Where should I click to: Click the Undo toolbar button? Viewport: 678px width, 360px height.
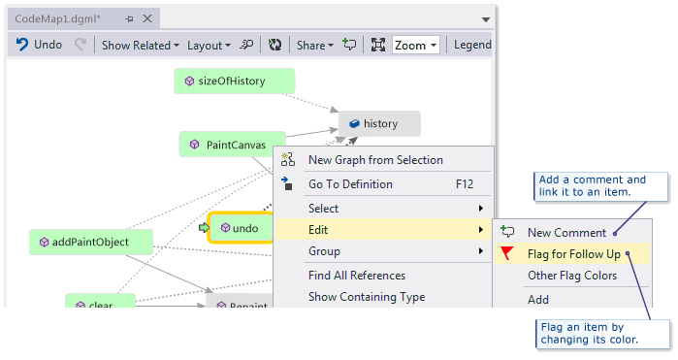pyautogui.click(x=39, y=45)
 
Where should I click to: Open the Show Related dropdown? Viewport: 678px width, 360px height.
pyautogui.click(x=141, y=45)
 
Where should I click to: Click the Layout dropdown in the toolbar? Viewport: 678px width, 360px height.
pyautogui.click(x=209, y=45)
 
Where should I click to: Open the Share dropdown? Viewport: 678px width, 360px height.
pyautogui.click(x=314, y=45)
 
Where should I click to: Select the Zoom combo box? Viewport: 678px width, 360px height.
pyautogui.click(x=416, y=45)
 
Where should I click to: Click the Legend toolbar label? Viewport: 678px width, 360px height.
pyautogui.click(x=472, y=45)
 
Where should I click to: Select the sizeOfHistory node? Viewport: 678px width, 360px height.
pyautogui.click(x=234, y=82)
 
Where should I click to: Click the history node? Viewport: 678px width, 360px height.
pyautogui.click(x=379, y=123)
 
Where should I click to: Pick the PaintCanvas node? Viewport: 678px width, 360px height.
pyautogui.click(x=233, y=145)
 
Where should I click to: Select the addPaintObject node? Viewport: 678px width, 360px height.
pyautogui.click(x=90, y=242)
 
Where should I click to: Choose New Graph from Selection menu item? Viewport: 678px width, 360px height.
pyautogui.click(x=375, y=160)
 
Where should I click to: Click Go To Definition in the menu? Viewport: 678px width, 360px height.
pyautogui.click(x=350, y=184)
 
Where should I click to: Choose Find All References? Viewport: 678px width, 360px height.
pyautogui.click(x=357, y=276)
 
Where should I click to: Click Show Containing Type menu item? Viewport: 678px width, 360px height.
pyautogui.click(x=367, y=297)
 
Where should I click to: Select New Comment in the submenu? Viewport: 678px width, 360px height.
pyautogui.click(x=566, y=233)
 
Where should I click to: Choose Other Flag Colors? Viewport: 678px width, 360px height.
pyautogui.click(x=572, y=276)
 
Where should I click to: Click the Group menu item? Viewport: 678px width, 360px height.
pyautogui.click(x=324, y=251)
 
